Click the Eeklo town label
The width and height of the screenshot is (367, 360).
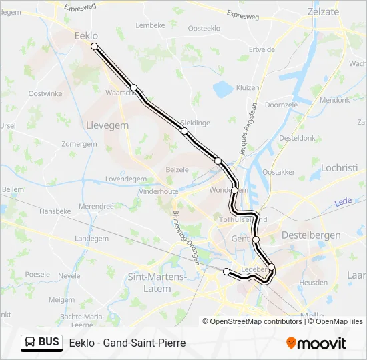[86, 36]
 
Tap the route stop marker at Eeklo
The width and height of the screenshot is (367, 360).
[95, 47]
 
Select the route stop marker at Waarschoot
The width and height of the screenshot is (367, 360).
[133, 87]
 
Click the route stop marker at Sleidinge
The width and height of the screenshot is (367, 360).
[185, 131]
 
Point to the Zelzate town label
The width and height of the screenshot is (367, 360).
[324, 11]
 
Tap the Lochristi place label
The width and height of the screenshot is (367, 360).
[340, 168]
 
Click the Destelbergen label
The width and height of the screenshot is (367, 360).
[311, 235]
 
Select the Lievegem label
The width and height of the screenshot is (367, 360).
[107, 125]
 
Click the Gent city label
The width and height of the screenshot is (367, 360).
[240, 239]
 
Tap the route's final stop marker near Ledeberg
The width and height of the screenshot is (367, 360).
[227, 271]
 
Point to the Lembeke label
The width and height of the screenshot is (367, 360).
[150, 25]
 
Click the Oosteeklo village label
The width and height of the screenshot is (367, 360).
[204, 28]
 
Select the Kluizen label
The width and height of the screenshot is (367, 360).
[247, 87]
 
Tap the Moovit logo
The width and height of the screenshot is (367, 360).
[316, 343]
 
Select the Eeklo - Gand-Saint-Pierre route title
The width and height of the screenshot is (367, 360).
[127, 343]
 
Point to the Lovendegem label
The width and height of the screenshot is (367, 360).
[125, 179]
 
